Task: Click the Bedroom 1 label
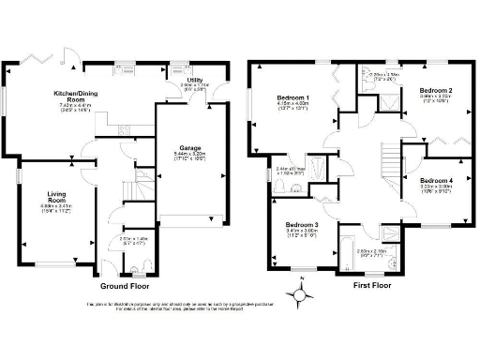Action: (x=292, y=98)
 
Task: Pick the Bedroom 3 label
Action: (x=302, y=225)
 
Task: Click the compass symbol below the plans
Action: (x=300, y=297)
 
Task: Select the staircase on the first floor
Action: (x=386, y=164)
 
